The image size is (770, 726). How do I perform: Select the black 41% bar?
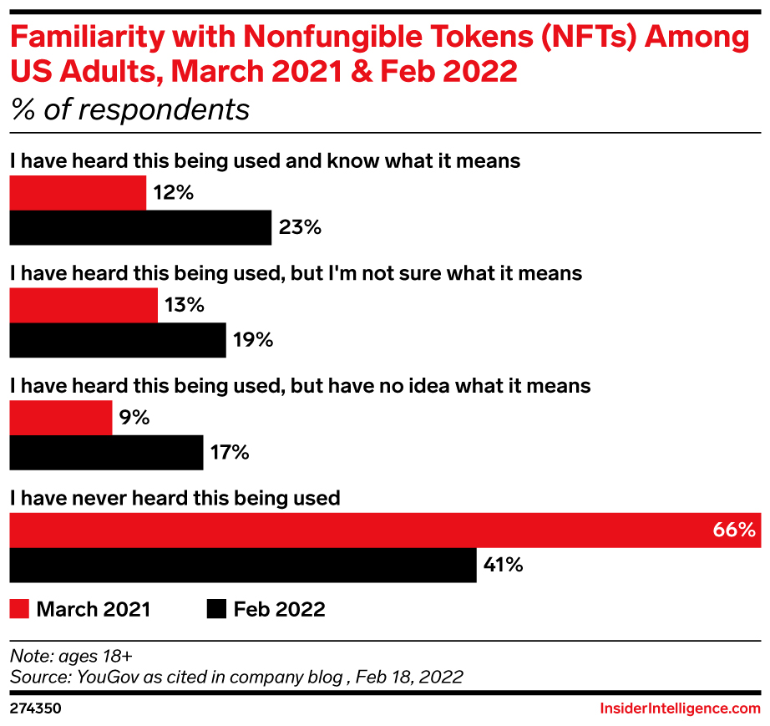(x=242, y=566)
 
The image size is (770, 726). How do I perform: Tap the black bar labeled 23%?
(x=140, y=227)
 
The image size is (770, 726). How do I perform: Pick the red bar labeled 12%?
(x=78, y=193)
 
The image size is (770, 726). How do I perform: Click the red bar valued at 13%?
(x=84, y=306)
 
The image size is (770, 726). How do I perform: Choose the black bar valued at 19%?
(x=117, y=340)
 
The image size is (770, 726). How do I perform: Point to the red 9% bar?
(x=60, y=418)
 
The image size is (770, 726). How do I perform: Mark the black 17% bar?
(x=106, y=453)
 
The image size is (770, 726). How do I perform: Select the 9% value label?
(x=134, y=418)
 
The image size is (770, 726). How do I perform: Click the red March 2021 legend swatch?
(x=19, y=609)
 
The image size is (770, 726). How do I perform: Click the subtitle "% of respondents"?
(x=129, y=109)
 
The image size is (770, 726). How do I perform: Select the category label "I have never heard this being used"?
(x=175, y=498)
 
